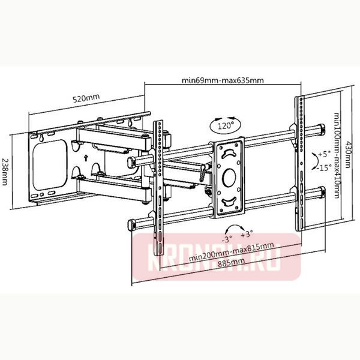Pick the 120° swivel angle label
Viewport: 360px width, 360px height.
tap(225, 127)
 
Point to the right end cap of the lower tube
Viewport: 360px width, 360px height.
tap(323, 193)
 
